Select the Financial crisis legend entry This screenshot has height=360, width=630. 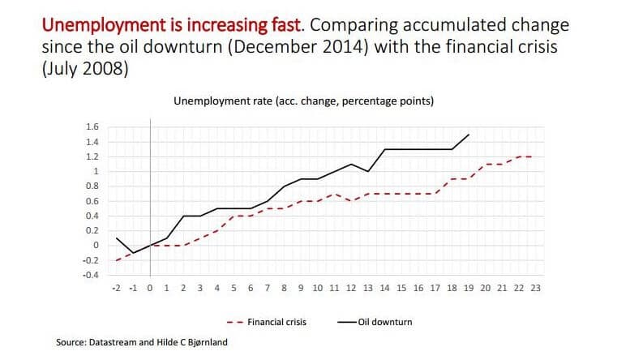point(275,322)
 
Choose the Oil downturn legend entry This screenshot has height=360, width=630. point(382,322)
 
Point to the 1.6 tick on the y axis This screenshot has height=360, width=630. point(92,126)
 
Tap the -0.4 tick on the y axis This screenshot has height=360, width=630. point(90,275)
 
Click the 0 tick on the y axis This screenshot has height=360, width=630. point(96,245)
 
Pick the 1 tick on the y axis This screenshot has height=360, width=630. point(96,171)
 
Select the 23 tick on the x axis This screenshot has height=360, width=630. point(536,287)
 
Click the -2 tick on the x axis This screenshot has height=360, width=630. point(118,287)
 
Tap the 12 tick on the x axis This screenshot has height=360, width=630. point(351,287)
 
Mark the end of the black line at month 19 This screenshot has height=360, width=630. point(469,135)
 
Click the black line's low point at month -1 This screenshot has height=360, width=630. point(134,253)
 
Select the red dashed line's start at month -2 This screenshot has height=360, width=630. point(118,260)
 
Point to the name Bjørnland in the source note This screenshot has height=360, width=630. point(203,343)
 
